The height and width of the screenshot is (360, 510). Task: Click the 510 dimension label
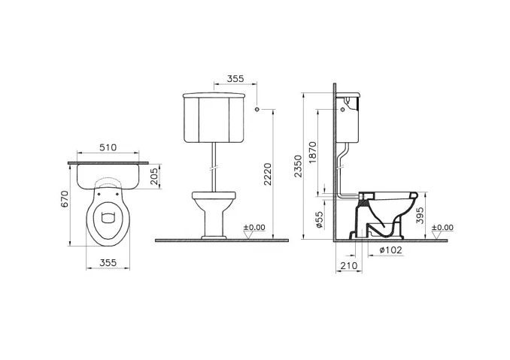click(x=108, y=147)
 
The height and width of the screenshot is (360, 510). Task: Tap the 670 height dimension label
click(x=65, y=199)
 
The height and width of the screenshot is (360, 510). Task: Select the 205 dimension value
click(x=154, y=177)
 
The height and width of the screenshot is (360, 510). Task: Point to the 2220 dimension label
click(x=268, y=174)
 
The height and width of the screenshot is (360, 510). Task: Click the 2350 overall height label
click(x=298, y=166)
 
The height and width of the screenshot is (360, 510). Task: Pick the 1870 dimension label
click(x=312, y=153)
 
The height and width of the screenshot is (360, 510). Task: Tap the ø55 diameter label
click(x=320, y=219)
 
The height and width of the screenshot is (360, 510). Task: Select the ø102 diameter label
click(x=390, y=250)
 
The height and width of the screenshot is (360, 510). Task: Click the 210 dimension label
click(x=349, y=266)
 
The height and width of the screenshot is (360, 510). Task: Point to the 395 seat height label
click(x=420, y=215)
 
